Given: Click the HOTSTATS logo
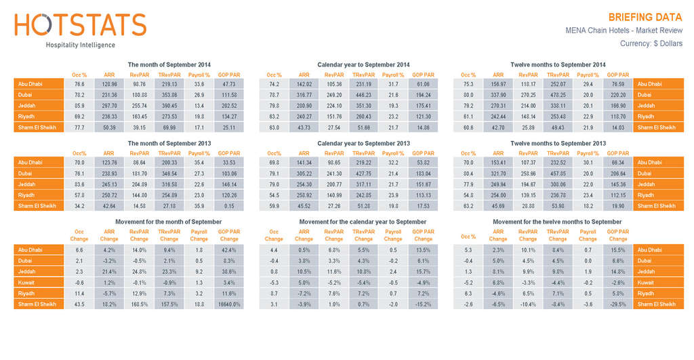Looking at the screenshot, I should pyautogui.click(x=80, y=25).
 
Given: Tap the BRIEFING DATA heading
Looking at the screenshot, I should pyautogui.click(x=645, y=17).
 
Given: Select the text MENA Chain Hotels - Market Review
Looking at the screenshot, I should pyautogui.click(x=624, y=31).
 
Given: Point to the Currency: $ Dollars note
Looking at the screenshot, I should pyautogui.click(x=651, y=44).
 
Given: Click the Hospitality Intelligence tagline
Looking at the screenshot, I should pyautogui.click(x=80, y=45).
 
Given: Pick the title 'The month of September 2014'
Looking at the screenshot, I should pyautogui.click(x=169, y=64).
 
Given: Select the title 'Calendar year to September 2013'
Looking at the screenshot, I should pyautogui.click(x=363, y=143).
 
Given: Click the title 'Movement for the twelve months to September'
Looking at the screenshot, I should pyautogui.click(x=557, y=222).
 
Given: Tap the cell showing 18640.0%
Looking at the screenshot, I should pyautogui.click(x=228, y=304).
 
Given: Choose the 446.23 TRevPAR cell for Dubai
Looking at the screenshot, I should pyautogui.click(x=363, y=95).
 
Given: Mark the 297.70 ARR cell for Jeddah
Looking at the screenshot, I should pyautogui.click(x=109, y=106).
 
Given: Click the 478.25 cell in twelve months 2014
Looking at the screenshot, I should pyautogui.click(x=558, y=95).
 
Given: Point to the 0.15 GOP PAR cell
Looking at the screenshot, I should pyautogui.click(x=228, y=206).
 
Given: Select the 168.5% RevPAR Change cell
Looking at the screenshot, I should pyautogui.click(x=139, y=304).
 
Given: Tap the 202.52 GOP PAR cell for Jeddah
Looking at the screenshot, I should pyautogui.click(x=228, y=106).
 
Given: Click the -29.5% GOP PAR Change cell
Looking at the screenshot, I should pyautogui.click(x=617, y=304).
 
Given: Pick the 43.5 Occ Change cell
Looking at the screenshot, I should pyautogui.click(x=79, y=304).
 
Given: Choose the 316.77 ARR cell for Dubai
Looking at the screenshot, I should pyautogui.click(x=304, y=95).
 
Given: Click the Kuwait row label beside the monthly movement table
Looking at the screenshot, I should pyautogui.click(x=39, y=283).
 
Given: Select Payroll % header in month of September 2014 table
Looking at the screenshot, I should pyautogui.click(x=199, y=75).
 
